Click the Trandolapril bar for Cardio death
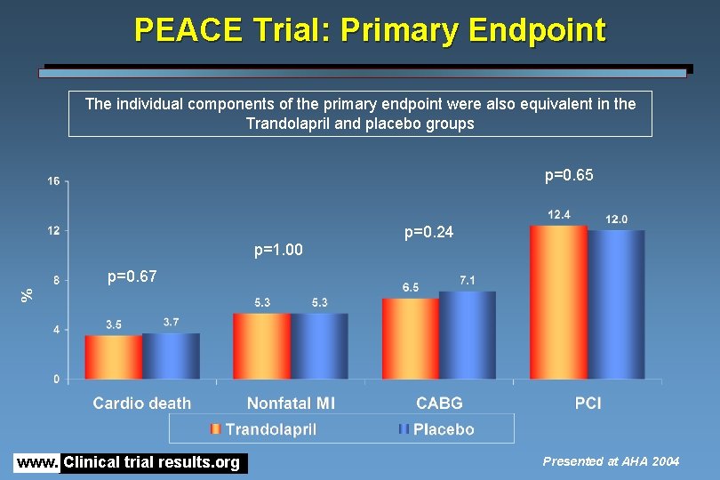click(x=114, y=357)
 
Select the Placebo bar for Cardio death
click(x=171, y=356)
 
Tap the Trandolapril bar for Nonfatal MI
click(x=262, y=347)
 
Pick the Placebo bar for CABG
click(x=468, y=336)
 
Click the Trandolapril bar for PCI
click(x=559, y=303)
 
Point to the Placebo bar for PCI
click(x=616, y=305)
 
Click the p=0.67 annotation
click(x=132, y=276)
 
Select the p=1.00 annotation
click(x=278, y=251)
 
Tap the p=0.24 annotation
click(x=428, y=233)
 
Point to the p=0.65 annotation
click(x=569, y=176)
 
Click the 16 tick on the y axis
click(x=53, y=181)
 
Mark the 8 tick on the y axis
click(x=57, y=280)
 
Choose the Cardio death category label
click(x=142, y=404)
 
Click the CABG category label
click(x=439, y=404)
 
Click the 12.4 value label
click(x=559, y=214)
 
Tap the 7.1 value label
click(x=468, y=280)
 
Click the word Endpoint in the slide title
click(x=532, y=30)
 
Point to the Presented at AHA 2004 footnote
click(x=611, y=461)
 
